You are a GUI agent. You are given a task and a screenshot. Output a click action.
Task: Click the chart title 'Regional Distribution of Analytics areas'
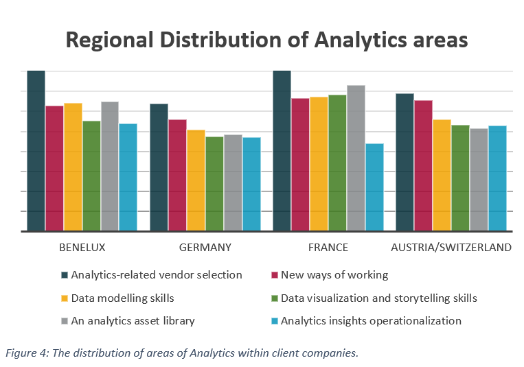[x=266, y=40]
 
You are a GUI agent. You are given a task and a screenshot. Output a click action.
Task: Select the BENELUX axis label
[x=82, y=248]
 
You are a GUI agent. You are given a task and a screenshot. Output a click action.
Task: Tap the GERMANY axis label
[x=205, y=248]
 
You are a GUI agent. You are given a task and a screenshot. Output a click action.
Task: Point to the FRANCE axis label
[x=328, y=248]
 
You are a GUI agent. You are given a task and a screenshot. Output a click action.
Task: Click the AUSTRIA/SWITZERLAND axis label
[x=451, y=248]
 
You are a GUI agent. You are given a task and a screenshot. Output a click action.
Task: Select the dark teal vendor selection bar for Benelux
[x=36, y=151]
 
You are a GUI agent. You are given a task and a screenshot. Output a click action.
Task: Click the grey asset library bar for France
[x=356, y=158]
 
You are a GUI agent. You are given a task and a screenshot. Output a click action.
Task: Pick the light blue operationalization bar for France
[x=374, y=187]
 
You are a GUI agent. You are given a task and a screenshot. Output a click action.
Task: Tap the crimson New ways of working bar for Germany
[x=177, y=175]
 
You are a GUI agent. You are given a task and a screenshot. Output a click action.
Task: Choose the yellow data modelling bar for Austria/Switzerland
[x=442, y=175]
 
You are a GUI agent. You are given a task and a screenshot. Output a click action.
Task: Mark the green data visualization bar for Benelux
[x=91, y=176]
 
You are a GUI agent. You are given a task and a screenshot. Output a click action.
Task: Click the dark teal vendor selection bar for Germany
[x=159, y=167]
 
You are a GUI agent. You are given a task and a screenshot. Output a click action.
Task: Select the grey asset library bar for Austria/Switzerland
[x=479, y=180]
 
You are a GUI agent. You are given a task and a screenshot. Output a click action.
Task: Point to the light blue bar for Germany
[x=251, y=184]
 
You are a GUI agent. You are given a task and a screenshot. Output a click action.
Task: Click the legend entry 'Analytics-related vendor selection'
[x=156, y=275]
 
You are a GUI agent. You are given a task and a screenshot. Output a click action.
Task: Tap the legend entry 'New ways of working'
[x=334, y=275]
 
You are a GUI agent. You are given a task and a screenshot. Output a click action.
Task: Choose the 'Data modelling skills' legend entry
[x=122, y=298]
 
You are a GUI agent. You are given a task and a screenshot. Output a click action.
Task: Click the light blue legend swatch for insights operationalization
[x=274, y=321]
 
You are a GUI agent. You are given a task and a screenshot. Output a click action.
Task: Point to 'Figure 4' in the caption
[x=25, y=353]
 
